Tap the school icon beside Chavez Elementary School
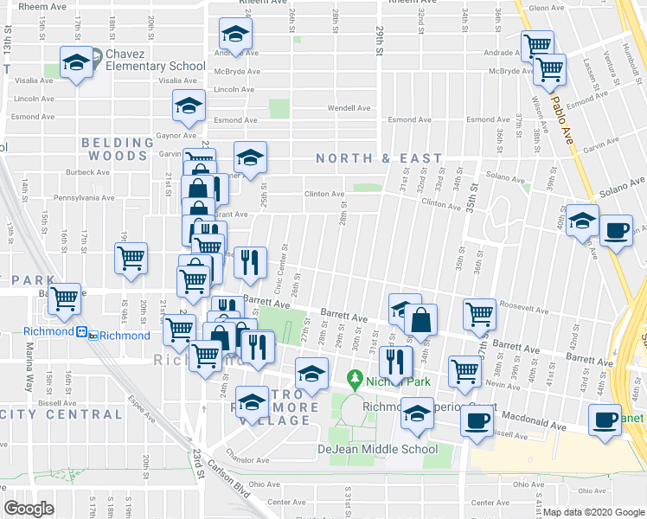coord(77,63)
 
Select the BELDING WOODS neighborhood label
coord(114,149)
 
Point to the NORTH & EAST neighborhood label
coord(379,158)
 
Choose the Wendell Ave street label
coord(348,108)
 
